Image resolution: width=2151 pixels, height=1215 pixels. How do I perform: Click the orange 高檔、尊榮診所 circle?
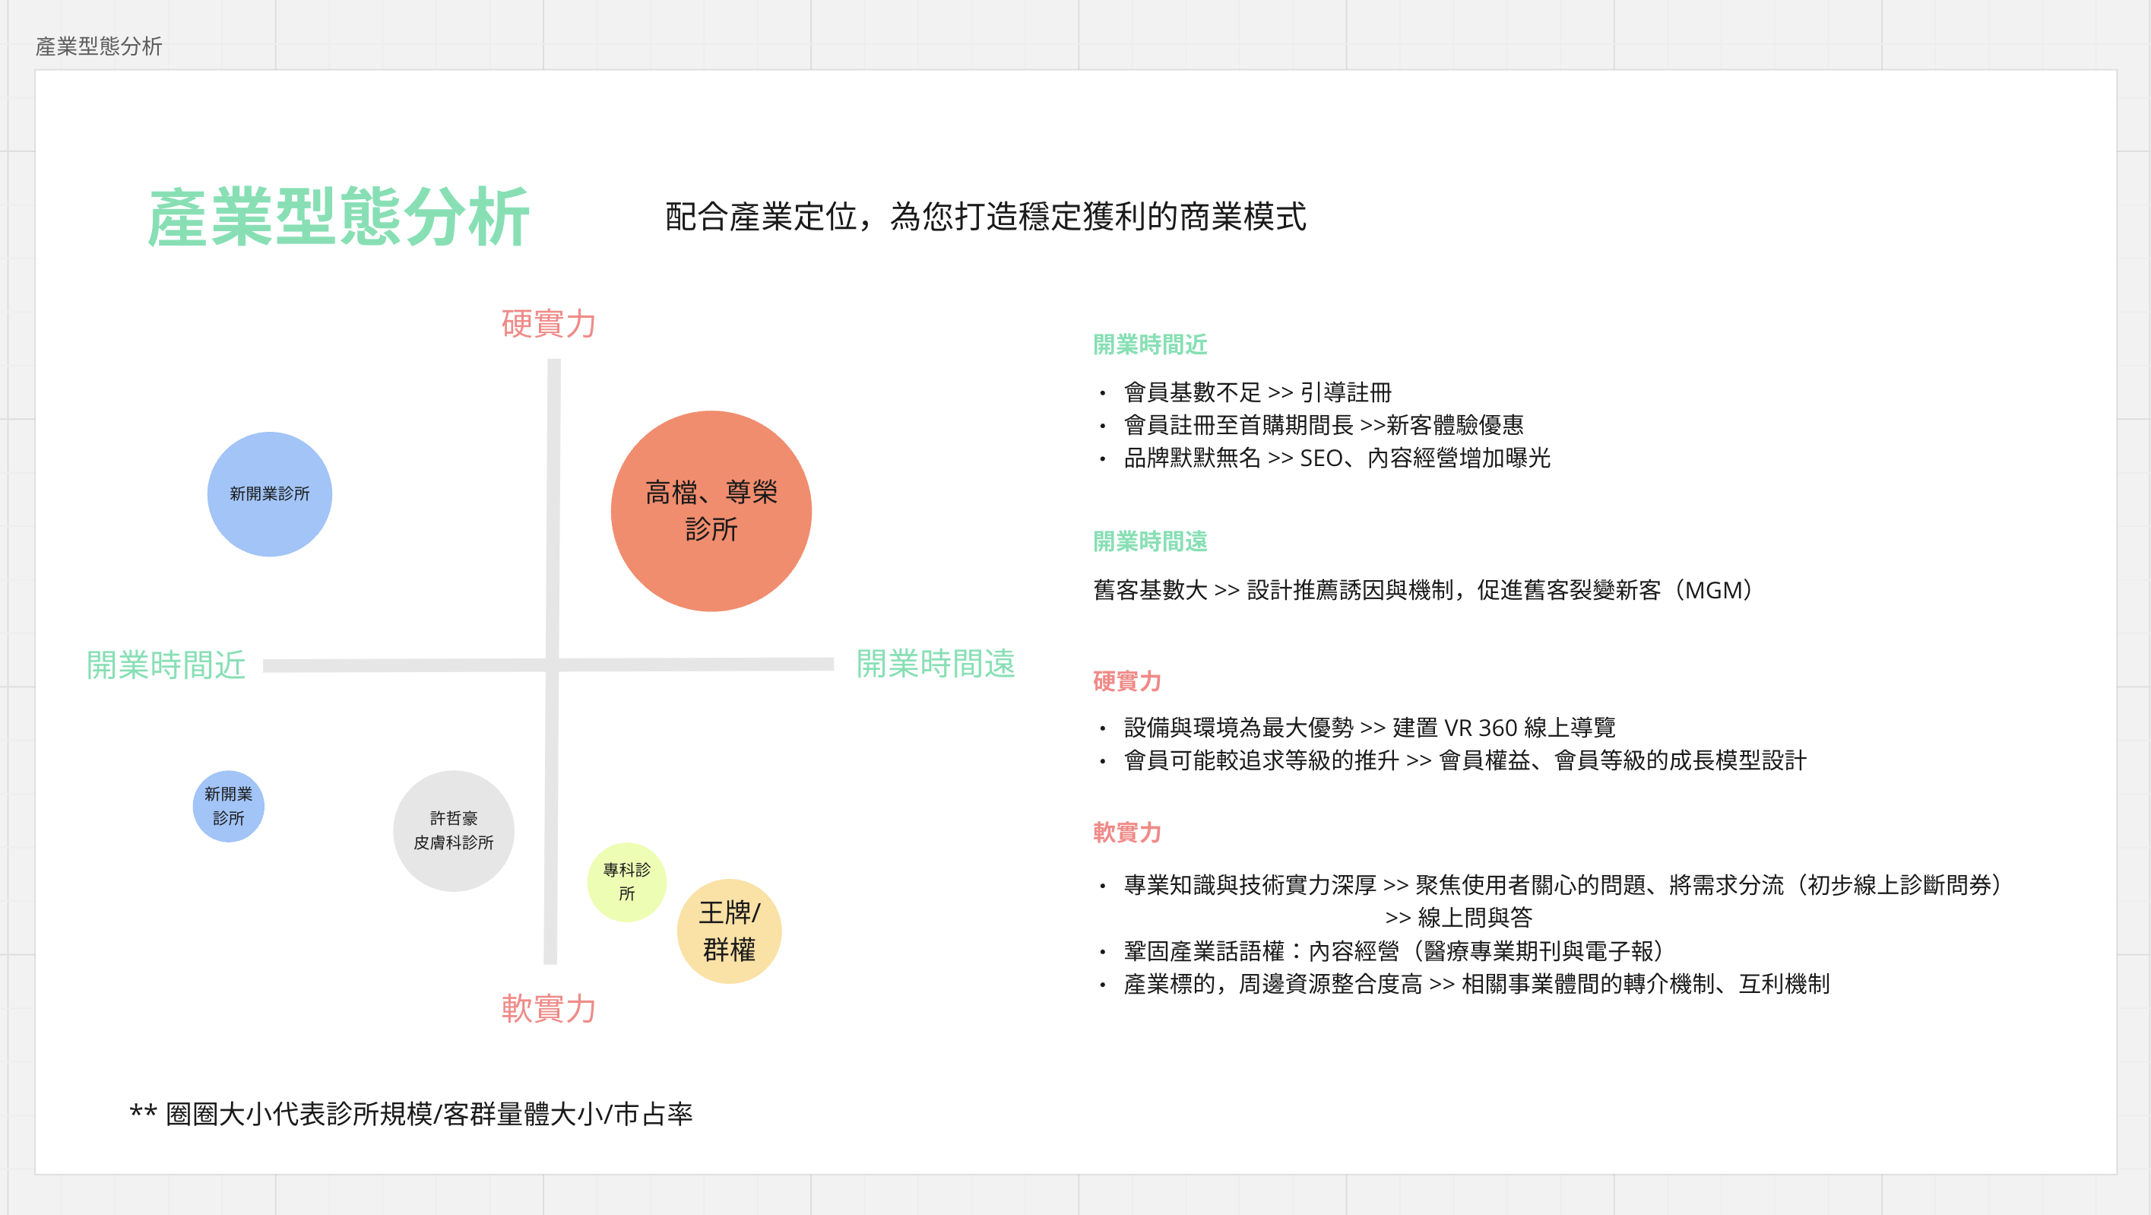pos(711,510)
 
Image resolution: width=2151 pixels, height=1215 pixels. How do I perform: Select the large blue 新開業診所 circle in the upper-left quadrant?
pos(269,493)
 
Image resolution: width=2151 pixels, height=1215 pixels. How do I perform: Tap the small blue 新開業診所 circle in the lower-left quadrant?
pos(228,806)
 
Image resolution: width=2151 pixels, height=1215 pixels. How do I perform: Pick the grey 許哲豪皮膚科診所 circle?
pos(454,830)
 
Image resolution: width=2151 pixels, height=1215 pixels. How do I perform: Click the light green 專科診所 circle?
pos(626,882)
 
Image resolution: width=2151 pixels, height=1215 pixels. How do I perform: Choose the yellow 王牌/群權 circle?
pos(729,931)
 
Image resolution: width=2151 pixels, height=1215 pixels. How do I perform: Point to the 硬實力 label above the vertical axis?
pos(549,323)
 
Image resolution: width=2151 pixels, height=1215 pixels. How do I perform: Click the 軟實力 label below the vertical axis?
pos(549,1008)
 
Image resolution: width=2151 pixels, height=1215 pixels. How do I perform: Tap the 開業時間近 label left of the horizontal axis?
pos(166,665)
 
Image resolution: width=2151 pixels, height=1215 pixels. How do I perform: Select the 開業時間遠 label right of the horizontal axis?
pos(935,664)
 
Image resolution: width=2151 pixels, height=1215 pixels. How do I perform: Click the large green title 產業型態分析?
pos(338,217)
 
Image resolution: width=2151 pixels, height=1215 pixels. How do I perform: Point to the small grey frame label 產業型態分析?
pos(99,46)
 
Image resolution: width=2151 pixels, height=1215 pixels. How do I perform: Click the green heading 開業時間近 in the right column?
pos(1150,344)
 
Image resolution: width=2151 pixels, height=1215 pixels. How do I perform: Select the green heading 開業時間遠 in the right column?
pos(1150,541)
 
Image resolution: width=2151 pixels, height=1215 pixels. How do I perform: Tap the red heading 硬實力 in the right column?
pos(1126,680)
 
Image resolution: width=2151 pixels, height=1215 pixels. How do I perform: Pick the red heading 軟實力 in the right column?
pos(1126,832)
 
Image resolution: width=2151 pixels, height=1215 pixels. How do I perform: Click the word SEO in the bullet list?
pos(1321,458)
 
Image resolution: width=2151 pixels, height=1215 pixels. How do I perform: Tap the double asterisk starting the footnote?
pos(143,1112)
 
